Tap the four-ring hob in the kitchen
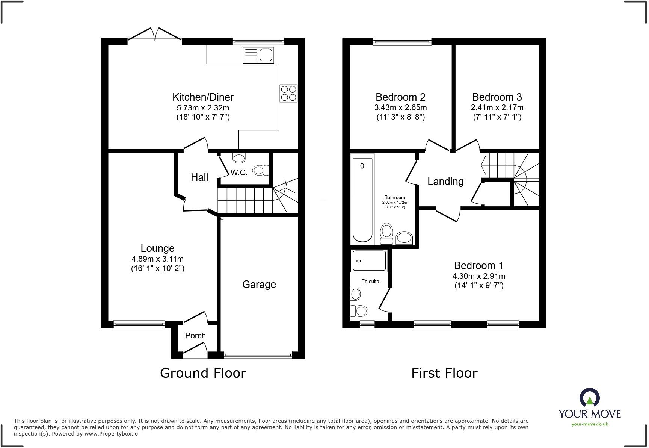click(288, 93)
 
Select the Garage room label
click(259, 284)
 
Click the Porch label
click(195, 336)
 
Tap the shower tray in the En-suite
click(369, 260)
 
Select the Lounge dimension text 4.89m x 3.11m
click(157, 259)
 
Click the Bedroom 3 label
click(497, 97)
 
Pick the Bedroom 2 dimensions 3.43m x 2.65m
click(400, 107)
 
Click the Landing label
click(445, 182)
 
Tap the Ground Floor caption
click(203, 373)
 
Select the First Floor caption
click(444, 373)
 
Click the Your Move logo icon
click(589, 397)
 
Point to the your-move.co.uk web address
click(589, 424)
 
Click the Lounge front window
click(139, 324)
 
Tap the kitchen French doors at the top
click(155, 34)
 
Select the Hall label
click(199, 177)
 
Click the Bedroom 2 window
click(402, 41)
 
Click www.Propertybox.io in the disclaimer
click(111, 434)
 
